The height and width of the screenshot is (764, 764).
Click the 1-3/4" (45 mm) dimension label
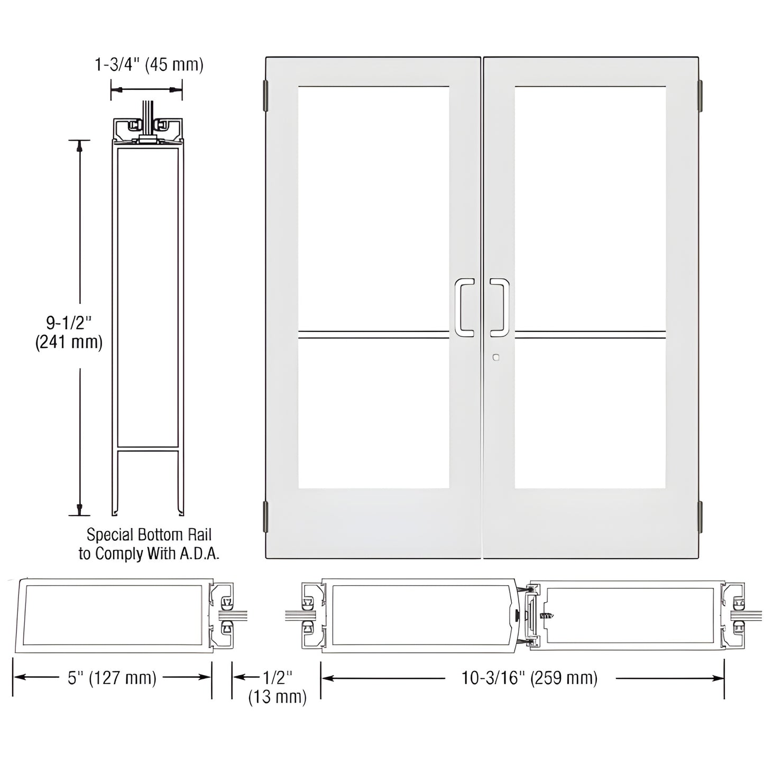149,65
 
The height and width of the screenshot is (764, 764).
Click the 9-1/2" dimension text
69,322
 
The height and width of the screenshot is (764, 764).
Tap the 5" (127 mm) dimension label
112,678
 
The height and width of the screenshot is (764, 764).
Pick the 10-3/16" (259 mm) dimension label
529,678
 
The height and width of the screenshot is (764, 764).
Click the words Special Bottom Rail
149,535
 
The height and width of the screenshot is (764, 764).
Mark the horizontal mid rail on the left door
373,334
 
